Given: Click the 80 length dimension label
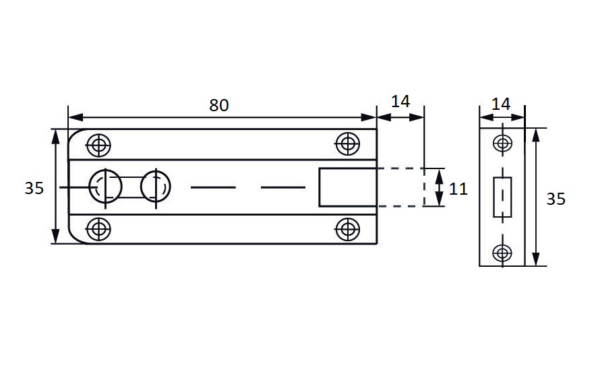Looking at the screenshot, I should pyautogui.click(x=219, y=105).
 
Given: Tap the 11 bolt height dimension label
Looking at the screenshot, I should pyautogui.click(x=458, y=189).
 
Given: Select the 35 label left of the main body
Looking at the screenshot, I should pyautogui.click(x=34, y=188).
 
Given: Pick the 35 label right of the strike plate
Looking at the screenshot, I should pyautogui.click(x=556, y=199).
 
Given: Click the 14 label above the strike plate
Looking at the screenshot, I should pyautogui.click(x=501, y=104).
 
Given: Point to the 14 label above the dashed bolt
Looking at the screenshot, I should pyautogui.click(x=400, y=101).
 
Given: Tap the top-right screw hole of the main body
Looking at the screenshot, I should pyautogui.click(x=347, y=143).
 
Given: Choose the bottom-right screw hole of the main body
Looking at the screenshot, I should pyautogui.click(x=347, y=228).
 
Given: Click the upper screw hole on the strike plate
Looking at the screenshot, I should pyautogui.click(x=502, y=143).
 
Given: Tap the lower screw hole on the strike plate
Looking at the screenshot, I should pyautogui.click(x=502, y=253).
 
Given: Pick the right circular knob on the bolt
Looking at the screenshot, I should pyautogui.click(x=156, y=185).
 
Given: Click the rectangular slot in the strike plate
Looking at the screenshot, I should pyautogui.click(x=502, y=197).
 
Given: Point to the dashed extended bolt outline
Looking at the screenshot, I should pyautogui.click(x=401, y=187).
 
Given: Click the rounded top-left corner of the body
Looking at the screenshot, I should pyautogui.click(x=75, y=134).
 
